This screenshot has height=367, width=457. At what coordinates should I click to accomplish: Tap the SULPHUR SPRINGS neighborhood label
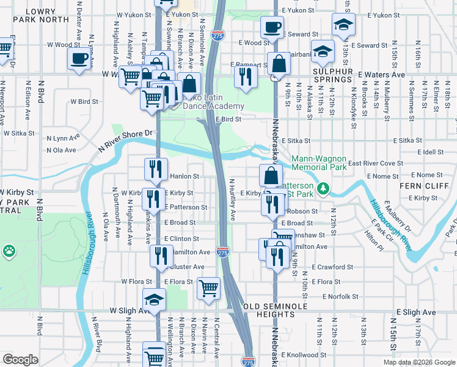click(334, 75)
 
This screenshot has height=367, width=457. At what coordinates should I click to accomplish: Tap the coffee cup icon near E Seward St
click(272, 27)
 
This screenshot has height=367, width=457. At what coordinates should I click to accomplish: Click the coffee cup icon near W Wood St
click(78, 59)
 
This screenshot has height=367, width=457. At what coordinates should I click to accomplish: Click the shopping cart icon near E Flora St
click(209, 287)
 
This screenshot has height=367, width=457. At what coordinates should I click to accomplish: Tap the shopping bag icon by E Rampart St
click(279, 64)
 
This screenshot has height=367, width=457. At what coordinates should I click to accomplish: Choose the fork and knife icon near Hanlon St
click(155, 168)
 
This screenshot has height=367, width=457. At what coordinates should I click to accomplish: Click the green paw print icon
click(9, 250)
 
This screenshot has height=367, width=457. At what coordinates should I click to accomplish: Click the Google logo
click(20, 360)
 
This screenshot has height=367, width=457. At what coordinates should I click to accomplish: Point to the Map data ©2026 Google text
click(419, 362)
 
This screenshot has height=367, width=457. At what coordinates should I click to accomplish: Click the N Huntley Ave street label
click(233, 200)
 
